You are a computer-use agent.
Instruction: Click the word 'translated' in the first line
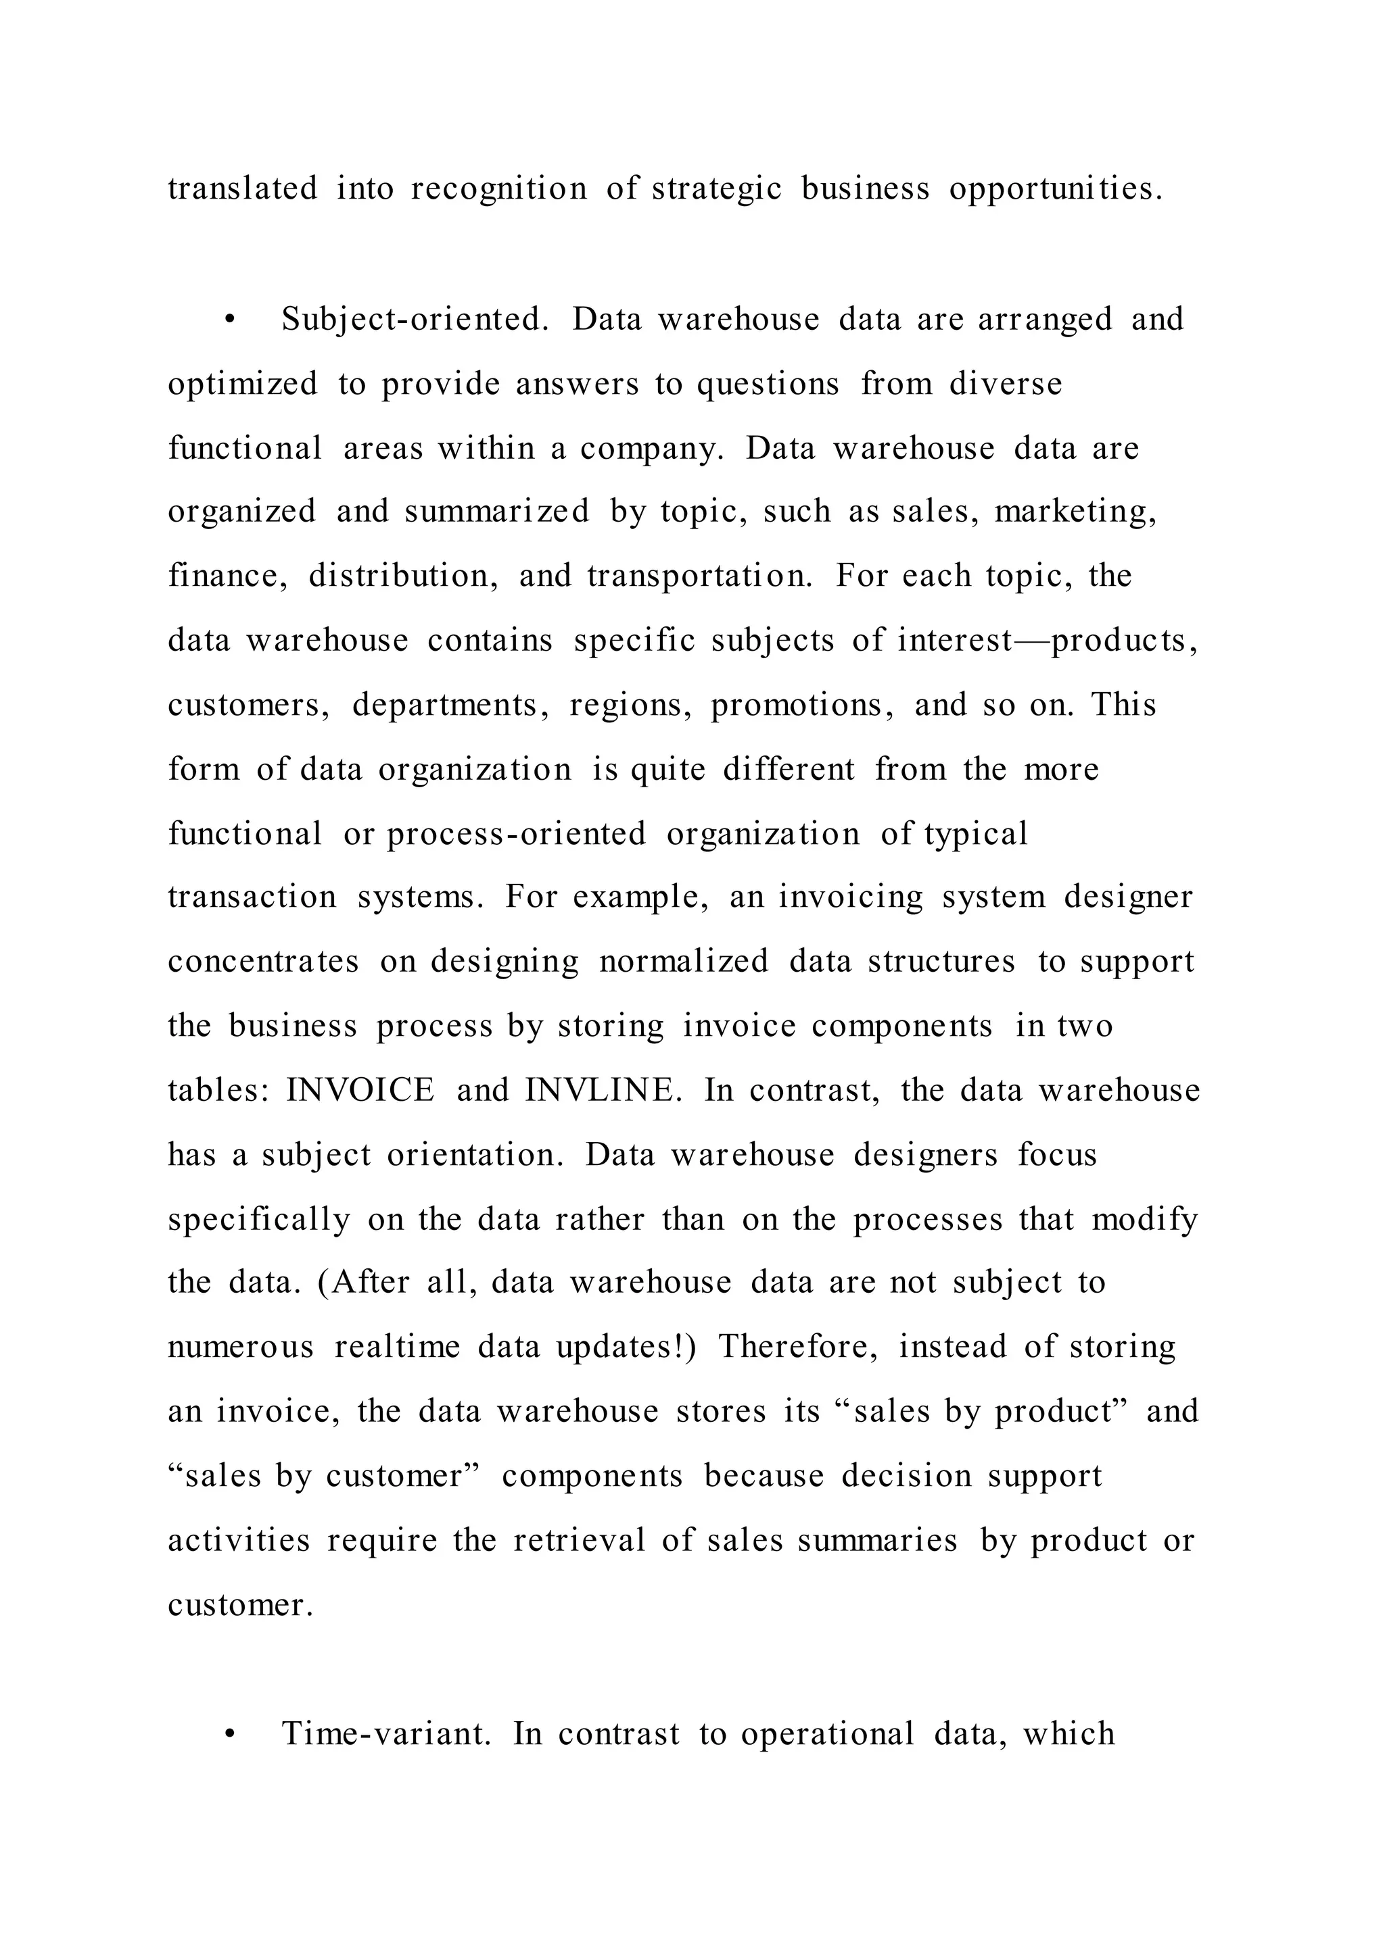242,189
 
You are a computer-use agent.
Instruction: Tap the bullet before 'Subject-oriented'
228,320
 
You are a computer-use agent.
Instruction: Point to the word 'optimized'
242,384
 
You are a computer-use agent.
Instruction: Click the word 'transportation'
699,576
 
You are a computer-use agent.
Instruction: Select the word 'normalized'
683,962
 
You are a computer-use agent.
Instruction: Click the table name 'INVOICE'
360,1090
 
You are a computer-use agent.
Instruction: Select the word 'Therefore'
797,1347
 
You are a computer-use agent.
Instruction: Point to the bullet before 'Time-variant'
228,1735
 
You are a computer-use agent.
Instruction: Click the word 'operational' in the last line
826,1734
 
